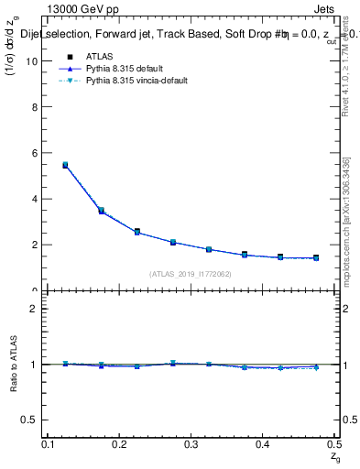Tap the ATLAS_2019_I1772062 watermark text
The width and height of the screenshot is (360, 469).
pyautogui.click(x=191, y=274)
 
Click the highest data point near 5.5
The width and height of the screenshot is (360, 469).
pyautogui.click(x=65, y=165)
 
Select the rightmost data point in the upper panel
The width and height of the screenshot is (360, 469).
pyautogui.click(x=316, y=258)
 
